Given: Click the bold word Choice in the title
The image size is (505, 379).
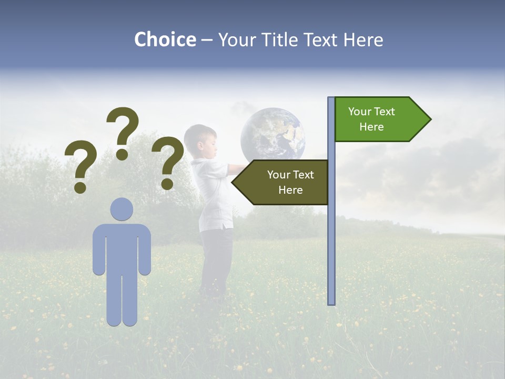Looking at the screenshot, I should tap(165, 39).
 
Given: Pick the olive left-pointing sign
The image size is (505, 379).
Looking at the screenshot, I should tap(284, 182).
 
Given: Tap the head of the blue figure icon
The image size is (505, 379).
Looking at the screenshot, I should tap(122, 209).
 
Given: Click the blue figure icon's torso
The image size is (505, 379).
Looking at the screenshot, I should tap(122, 247).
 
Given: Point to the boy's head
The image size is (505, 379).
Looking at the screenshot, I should tap(200, 141).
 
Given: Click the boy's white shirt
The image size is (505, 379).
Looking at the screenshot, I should tap(213, 195).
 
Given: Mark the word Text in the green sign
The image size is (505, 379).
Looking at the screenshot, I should tap(385, 112).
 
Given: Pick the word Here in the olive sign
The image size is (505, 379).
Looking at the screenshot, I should tap(290, 190).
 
